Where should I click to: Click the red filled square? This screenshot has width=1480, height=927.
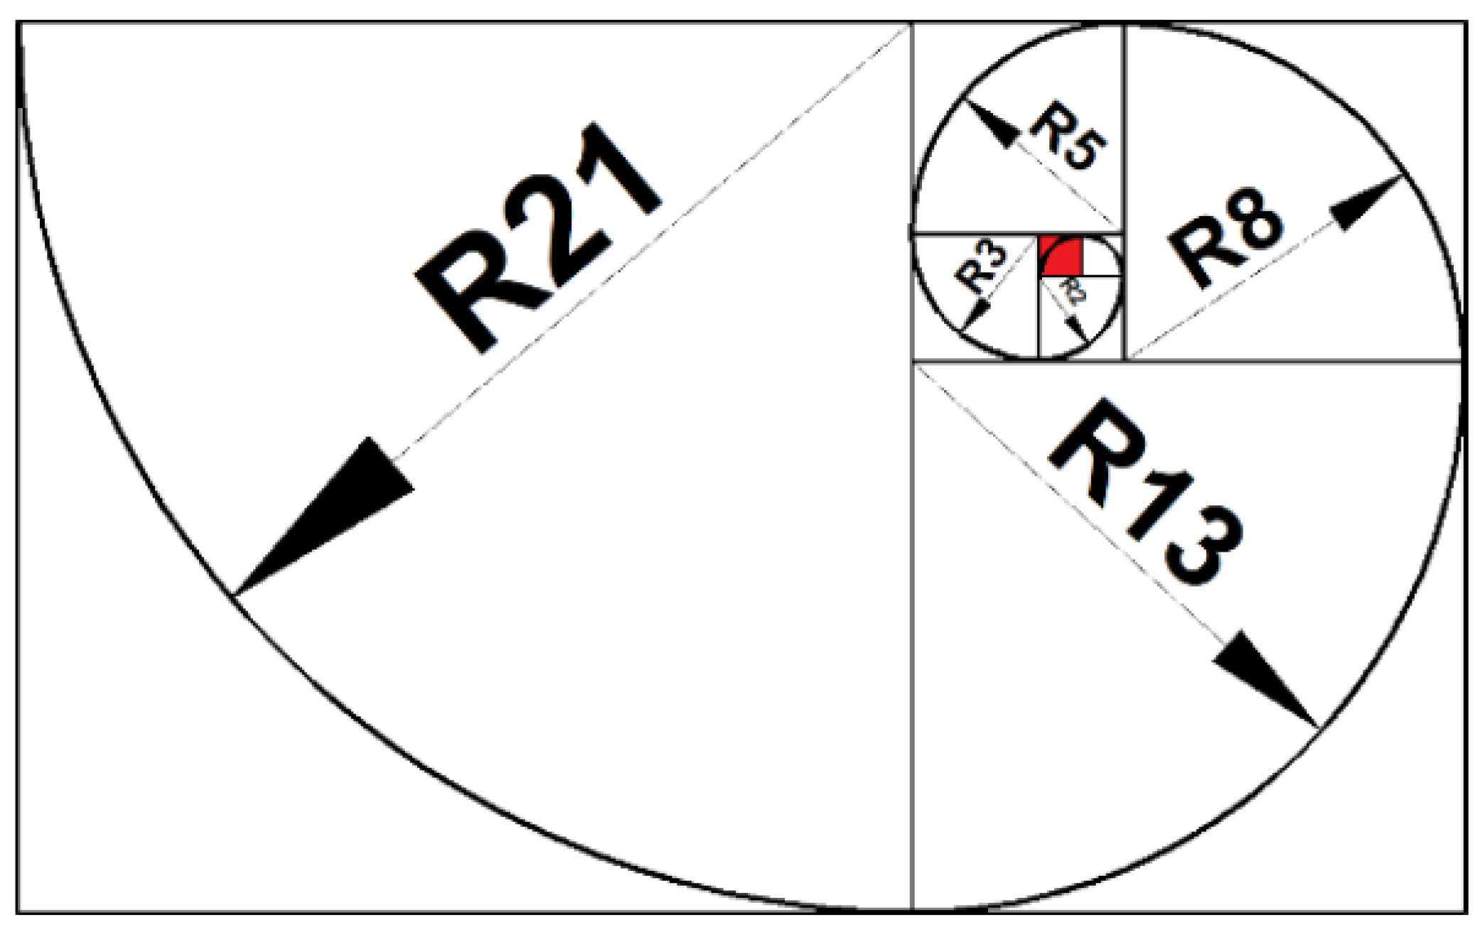point(1061,257)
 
